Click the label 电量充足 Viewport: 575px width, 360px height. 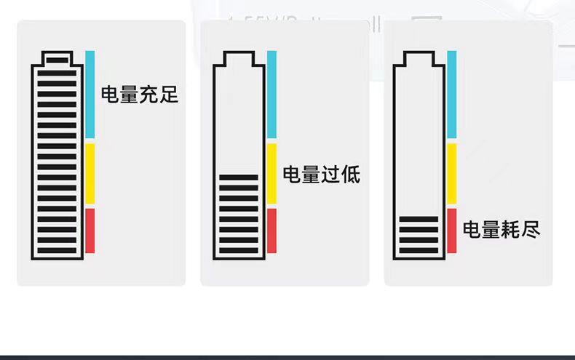(139, 95)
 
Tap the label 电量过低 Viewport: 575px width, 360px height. (321, 175)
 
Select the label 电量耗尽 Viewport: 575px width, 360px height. (501, 229)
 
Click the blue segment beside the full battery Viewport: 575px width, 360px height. (90, 95)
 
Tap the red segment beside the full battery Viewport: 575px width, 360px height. (90, 231)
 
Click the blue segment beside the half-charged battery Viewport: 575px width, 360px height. (271, 95)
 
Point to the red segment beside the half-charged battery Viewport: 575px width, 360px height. (271, 231)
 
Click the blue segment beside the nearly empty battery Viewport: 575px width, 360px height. (452, 95)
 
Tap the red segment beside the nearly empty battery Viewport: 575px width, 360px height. (452, 231)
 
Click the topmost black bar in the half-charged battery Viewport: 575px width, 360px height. (239, 177)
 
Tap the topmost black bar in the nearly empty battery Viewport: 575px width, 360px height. (419, 219)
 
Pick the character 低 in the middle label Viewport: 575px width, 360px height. (351, 175)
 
